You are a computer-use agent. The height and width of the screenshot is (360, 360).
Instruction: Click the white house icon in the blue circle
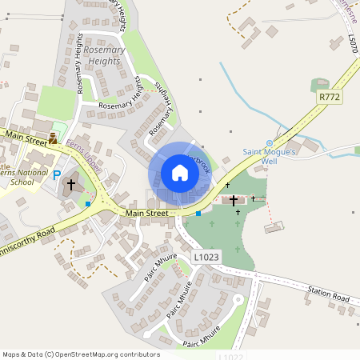pyautogui.click(x=180, y=173)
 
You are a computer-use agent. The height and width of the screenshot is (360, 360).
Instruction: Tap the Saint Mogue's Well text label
pyautogui.click(x=270, y=156)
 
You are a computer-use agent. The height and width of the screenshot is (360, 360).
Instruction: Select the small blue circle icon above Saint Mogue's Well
pyautogui.click(x=269, y=143)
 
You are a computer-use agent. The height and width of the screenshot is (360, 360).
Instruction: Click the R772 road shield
pyautogui.click(x=329, y=97)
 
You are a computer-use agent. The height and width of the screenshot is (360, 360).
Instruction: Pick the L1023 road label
pyautogui.click(x=204, y=257)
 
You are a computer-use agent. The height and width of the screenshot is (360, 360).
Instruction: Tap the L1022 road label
pyautogui.click(x=230, y=356)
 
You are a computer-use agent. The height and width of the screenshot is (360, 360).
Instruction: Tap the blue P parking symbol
pyautogui.click(x=56, y=175)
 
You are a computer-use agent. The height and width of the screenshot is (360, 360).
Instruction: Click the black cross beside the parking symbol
pyautogui.click(x=70, y=184)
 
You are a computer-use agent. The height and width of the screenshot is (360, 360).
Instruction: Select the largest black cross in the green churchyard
pyautogui.click(x=234, y=200)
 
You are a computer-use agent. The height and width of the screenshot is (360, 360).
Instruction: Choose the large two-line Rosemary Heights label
pyautogui.click(x=102, y=55)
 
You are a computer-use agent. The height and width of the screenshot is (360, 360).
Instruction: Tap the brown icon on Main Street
pyautogui.click(x=53, y=138)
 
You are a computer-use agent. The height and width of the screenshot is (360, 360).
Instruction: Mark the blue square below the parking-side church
pyautogui.click(x=88, y=204)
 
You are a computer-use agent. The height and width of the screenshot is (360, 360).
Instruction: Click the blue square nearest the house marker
pyautogui.click(x=198, y=214)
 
